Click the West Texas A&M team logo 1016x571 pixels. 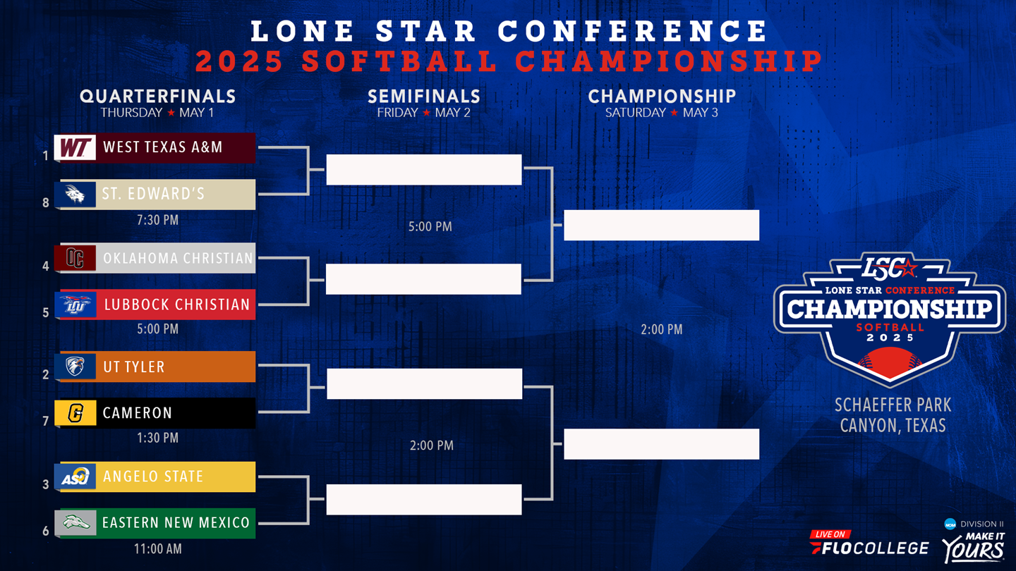(x=75, y=148)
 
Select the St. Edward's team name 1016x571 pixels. (x=153, y=194)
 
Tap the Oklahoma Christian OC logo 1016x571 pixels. (x=75, y=258)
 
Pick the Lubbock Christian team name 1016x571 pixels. (x=177, y=305)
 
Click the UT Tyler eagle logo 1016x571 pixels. (x=75, y=367)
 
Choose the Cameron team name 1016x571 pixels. (x=138, y=413)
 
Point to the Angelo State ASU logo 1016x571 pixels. (x=75, y=477)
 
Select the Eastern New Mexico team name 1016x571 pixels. (x=176, y=523)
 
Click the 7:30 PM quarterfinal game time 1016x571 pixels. (x=157, y=220)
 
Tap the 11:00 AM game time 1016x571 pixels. (x=157, y=548)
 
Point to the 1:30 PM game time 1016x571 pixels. (x=157, y=438)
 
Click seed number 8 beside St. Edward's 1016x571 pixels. (x=46, y=203)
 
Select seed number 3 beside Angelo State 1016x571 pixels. (x=46, y=484)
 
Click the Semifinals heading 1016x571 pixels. (x=423, y=97)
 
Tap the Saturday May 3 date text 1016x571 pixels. (x=661, y=113)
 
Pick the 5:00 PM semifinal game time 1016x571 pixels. (x=430, y=227)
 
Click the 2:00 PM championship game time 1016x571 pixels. (x=661, y=329)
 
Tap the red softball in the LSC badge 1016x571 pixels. (x=890, y=363)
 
